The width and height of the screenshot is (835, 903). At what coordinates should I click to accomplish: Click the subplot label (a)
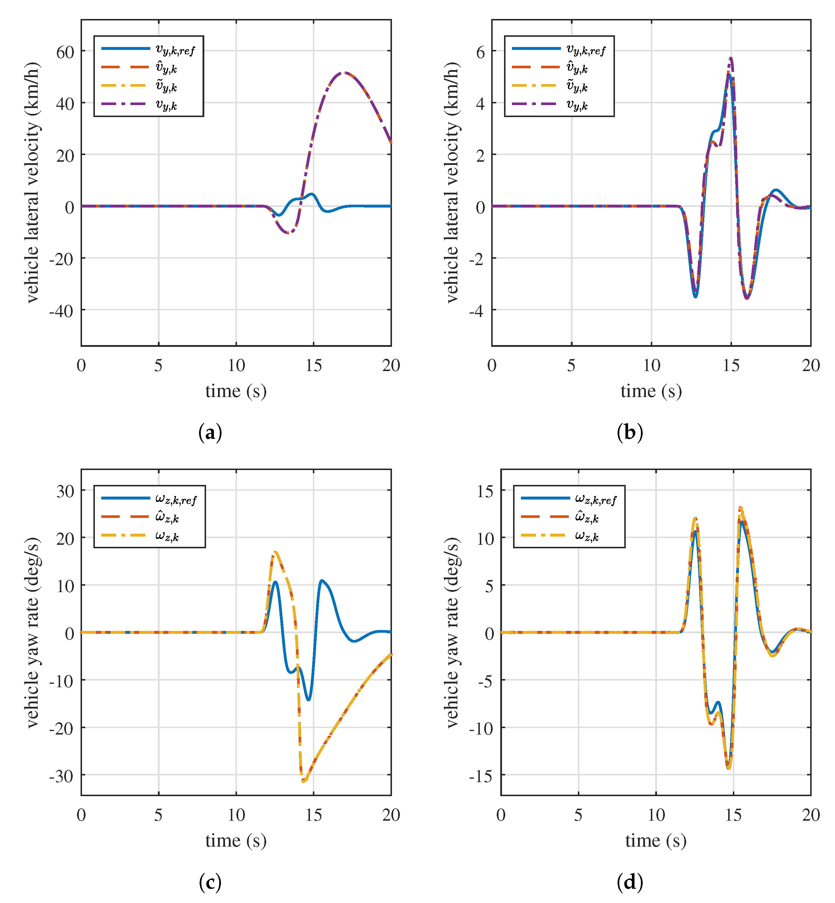210,432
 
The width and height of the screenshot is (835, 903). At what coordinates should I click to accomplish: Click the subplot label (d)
630,882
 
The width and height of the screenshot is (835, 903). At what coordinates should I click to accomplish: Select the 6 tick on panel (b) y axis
480,52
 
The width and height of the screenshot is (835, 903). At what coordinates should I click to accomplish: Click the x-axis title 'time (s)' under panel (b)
651,391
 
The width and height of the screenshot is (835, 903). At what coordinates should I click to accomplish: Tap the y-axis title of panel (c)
32,633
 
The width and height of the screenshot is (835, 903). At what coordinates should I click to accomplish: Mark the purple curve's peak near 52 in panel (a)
344,72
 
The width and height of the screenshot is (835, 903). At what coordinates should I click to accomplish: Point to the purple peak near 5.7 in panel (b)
731,58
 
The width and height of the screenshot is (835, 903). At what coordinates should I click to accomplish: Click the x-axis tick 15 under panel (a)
313,366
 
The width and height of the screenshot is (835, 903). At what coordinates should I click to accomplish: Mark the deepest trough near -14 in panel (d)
728,768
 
